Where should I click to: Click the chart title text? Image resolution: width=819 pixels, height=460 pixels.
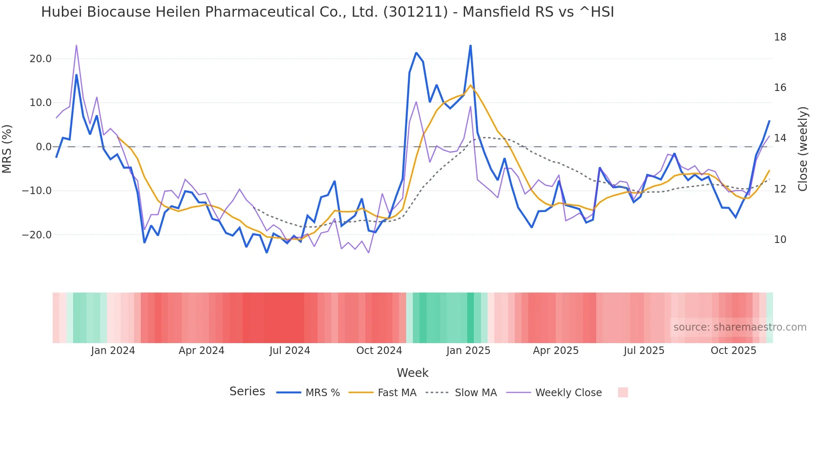click(328, 12)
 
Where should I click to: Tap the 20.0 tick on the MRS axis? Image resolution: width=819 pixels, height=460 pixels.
click(41, 59)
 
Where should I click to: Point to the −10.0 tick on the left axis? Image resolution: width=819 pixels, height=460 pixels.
click(37, 191)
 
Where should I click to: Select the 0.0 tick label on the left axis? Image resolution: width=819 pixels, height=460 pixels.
click(43, 147)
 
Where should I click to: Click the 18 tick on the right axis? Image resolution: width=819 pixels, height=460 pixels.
click(780, 37)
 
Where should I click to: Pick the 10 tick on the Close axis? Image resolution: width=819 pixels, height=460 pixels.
click(780, 240)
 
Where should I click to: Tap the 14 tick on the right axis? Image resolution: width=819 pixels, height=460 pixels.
click(780, 138)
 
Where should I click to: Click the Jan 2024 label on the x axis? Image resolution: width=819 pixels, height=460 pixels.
click(113, 351)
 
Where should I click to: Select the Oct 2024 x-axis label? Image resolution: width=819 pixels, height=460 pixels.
click(379, 351)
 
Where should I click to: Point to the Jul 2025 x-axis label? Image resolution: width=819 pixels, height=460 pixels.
click(644, 351)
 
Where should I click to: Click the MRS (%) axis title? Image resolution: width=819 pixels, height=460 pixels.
click(7, 149)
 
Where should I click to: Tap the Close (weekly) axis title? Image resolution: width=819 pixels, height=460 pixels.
click(803, 149)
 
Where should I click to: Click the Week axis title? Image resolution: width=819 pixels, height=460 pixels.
click(412, 373)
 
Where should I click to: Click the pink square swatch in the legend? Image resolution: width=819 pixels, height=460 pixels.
click(623, 392)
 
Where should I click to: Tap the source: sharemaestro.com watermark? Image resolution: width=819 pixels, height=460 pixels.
click(740, 327)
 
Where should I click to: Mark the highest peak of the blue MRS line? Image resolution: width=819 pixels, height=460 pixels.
click(471, 45)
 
